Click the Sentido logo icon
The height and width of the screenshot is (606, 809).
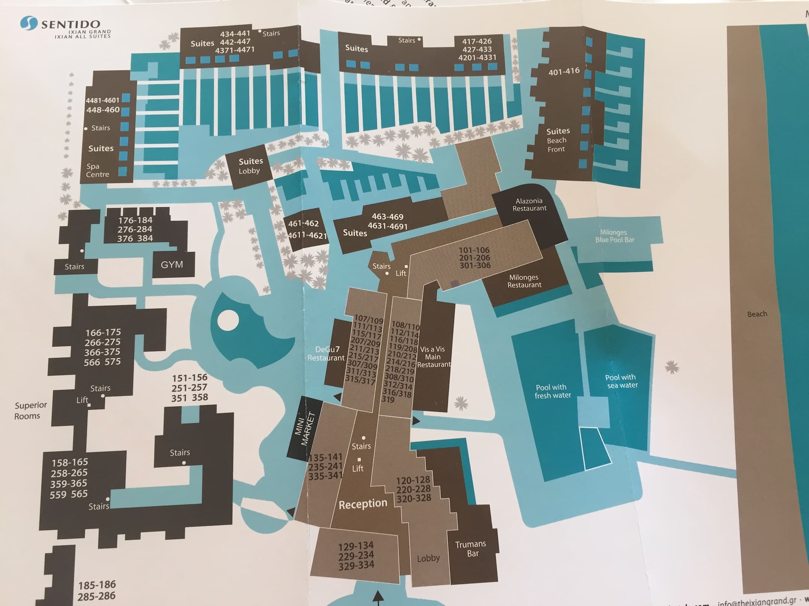[x=29, y=23]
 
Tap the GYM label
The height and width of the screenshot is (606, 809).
[x=172, y=264]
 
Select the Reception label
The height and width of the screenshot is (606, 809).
[x=363, y=504]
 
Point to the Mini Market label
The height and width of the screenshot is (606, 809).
[x=306, y=429]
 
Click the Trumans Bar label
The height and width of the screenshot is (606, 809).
[x=471, y=548]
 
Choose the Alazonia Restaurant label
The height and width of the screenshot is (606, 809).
[x=529, y=205]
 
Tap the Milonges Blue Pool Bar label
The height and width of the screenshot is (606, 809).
[x=614, y=236]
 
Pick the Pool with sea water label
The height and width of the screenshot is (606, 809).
[x=621, y=381]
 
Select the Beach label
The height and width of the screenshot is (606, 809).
[x=757, y=314]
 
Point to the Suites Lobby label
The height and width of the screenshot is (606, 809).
[x=250, y=166]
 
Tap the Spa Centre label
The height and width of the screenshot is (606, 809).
[x=97, y=170]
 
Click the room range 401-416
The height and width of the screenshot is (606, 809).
[x=564, y=71]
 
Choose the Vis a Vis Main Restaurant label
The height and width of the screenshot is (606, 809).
[x=433, y=356]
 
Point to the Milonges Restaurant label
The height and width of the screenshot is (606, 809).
[x=524, y=281]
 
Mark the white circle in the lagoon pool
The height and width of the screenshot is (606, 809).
[x=228, y=321]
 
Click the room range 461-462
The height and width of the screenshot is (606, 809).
[x=303, y=223]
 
